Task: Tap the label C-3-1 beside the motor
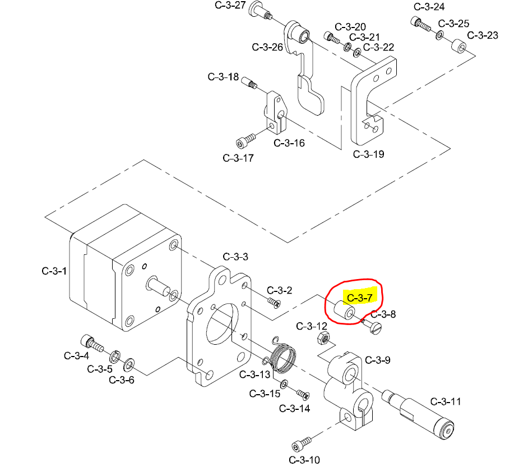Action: [x=54, y=271]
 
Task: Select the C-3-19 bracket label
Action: [x=368, y=154]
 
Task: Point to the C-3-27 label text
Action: [x=230, y=6]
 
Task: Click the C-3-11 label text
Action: [x=446, y=401]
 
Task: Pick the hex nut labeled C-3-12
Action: [x=323, y=338]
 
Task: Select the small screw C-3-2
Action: [x=274, y=303]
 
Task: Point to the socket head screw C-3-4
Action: [x=90, y=341]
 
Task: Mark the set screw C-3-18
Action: [x=249, y=84]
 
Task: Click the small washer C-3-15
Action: [x=284, y=385]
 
